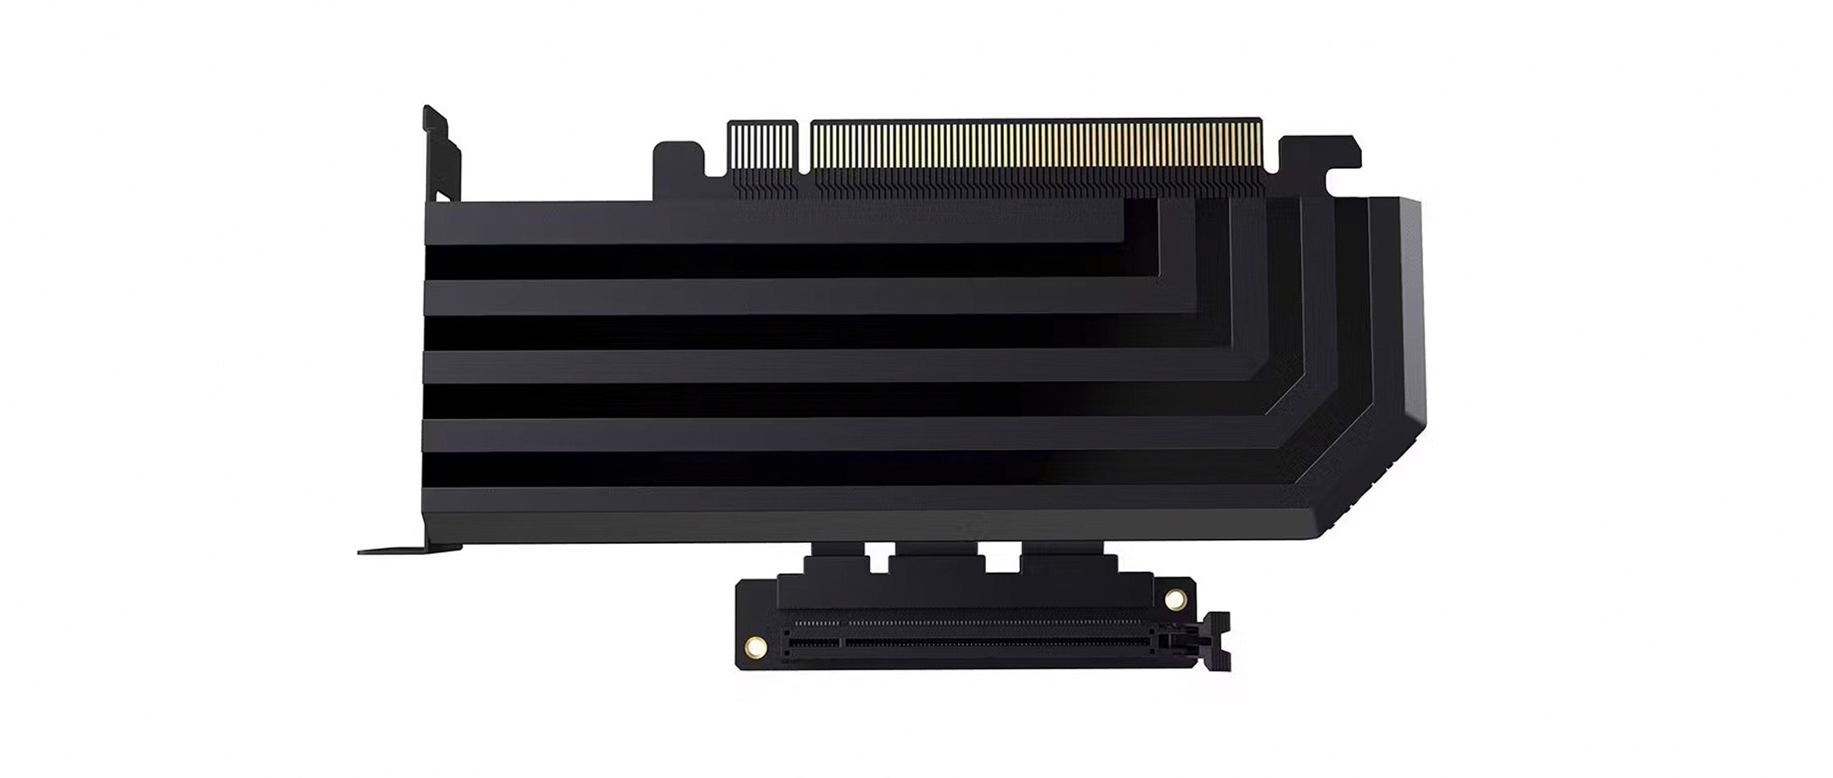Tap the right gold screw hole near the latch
pyautogui.click(x=1174, y=601)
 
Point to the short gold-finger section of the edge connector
pyautogui.click(x=763, y=149)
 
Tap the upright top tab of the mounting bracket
pyautogui.click(x=441, y=153)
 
